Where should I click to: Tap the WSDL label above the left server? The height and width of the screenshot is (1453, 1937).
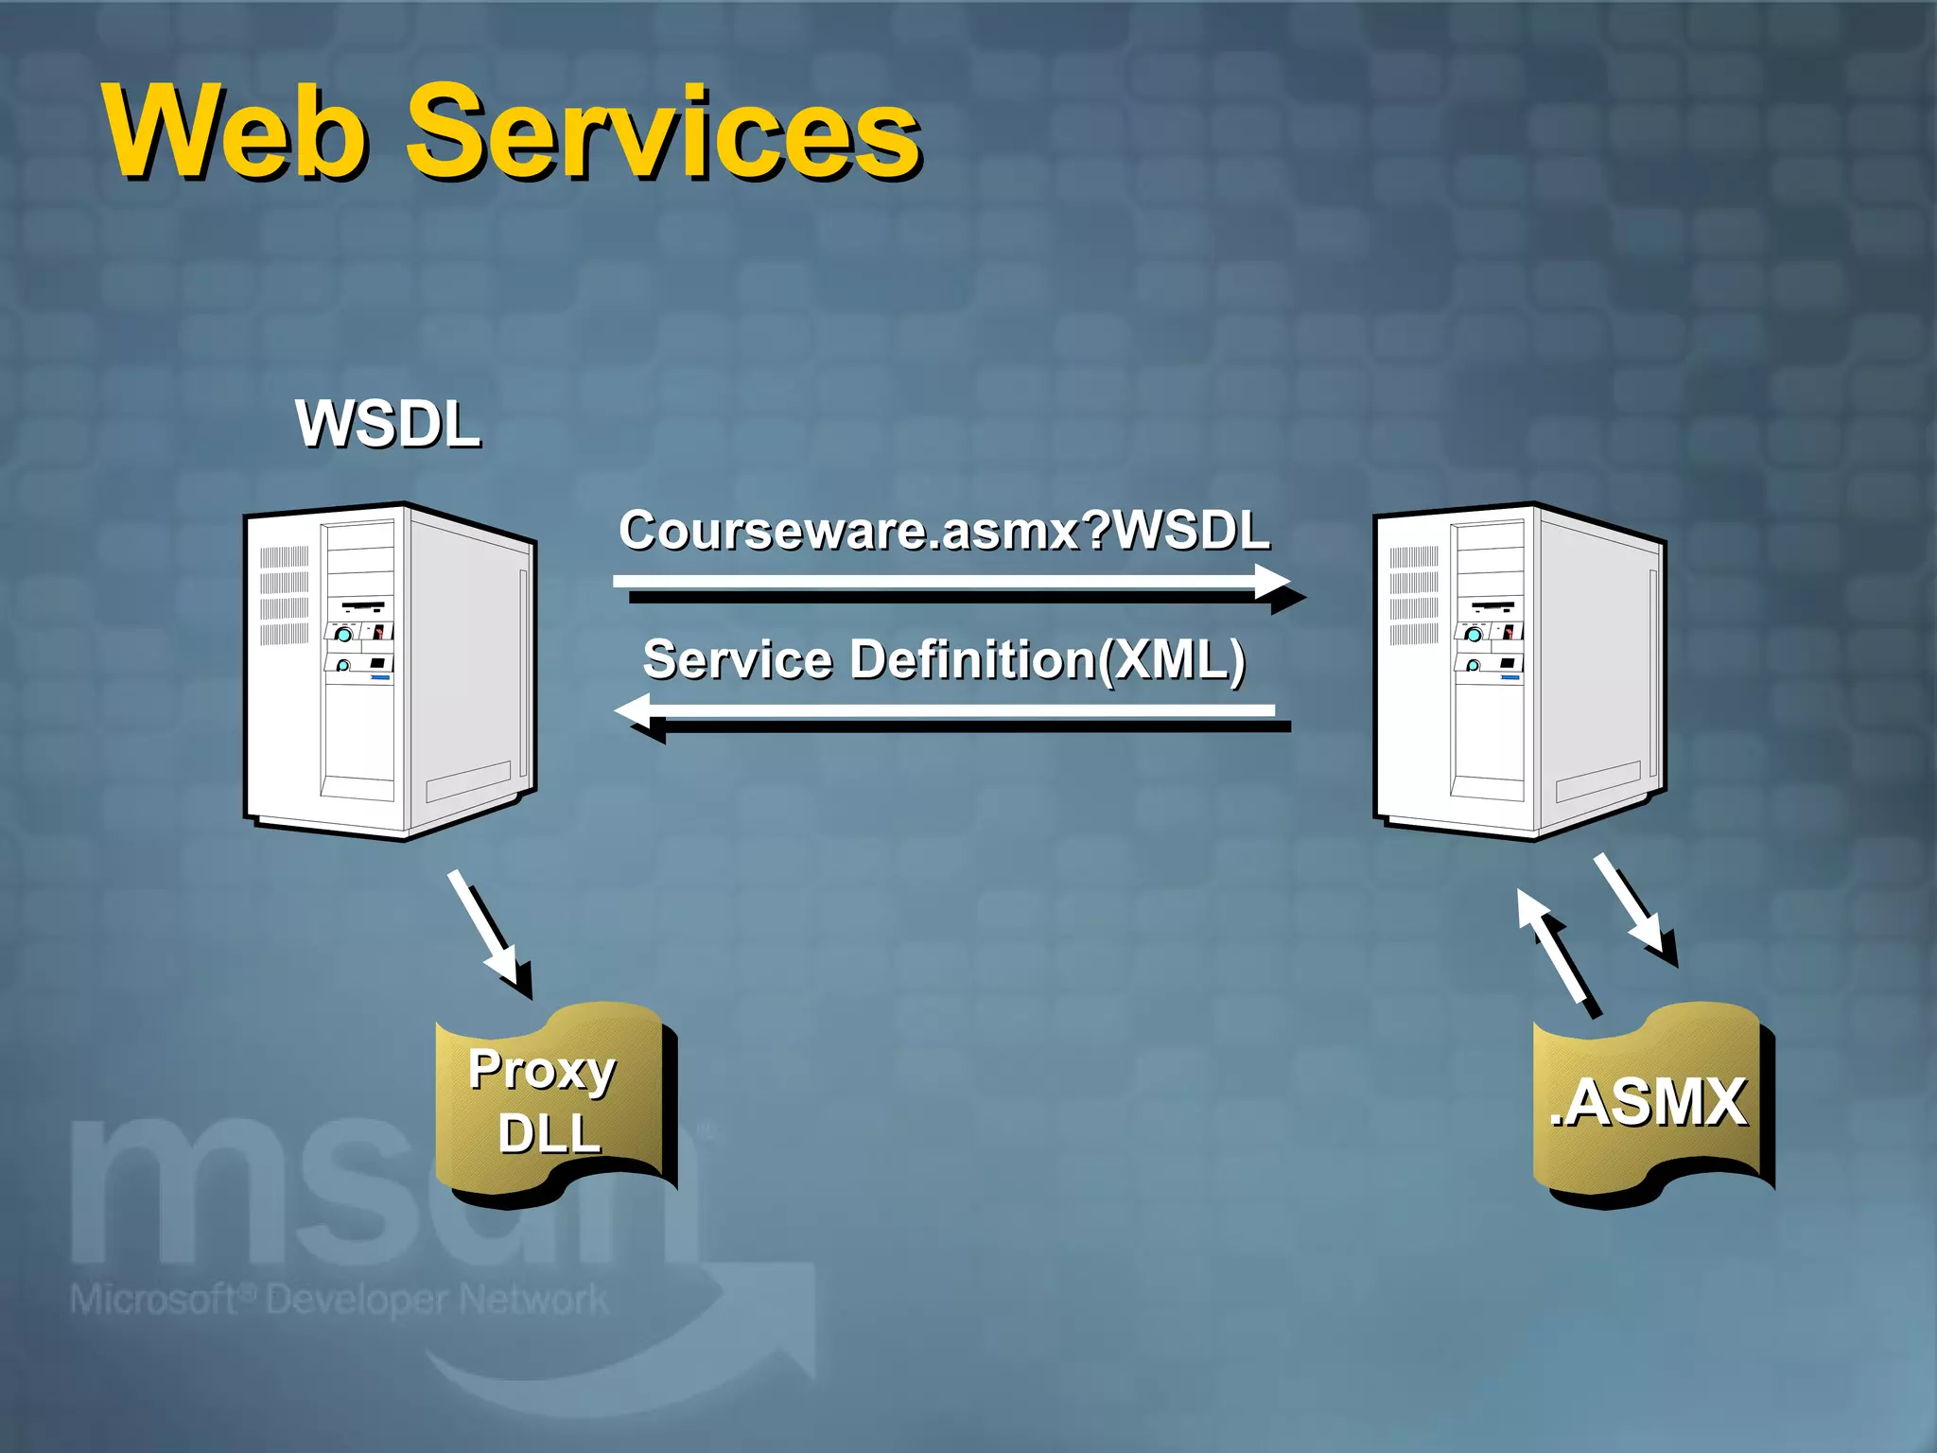point(388,424)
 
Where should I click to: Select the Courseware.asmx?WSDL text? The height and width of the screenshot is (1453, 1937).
point(944,530)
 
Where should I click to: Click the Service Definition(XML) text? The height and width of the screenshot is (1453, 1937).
point(944,659)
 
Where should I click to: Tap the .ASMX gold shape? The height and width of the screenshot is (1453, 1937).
point(1650,1102)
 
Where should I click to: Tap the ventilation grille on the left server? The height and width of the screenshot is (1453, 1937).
point(284,596)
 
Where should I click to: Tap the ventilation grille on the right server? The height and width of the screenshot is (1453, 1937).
point(1414,596)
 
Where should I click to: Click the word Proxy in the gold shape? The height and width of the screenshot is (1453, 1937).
point(542,1071)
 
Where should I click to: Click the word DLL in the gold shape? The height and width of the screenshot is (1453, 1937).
point(550,1133)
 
